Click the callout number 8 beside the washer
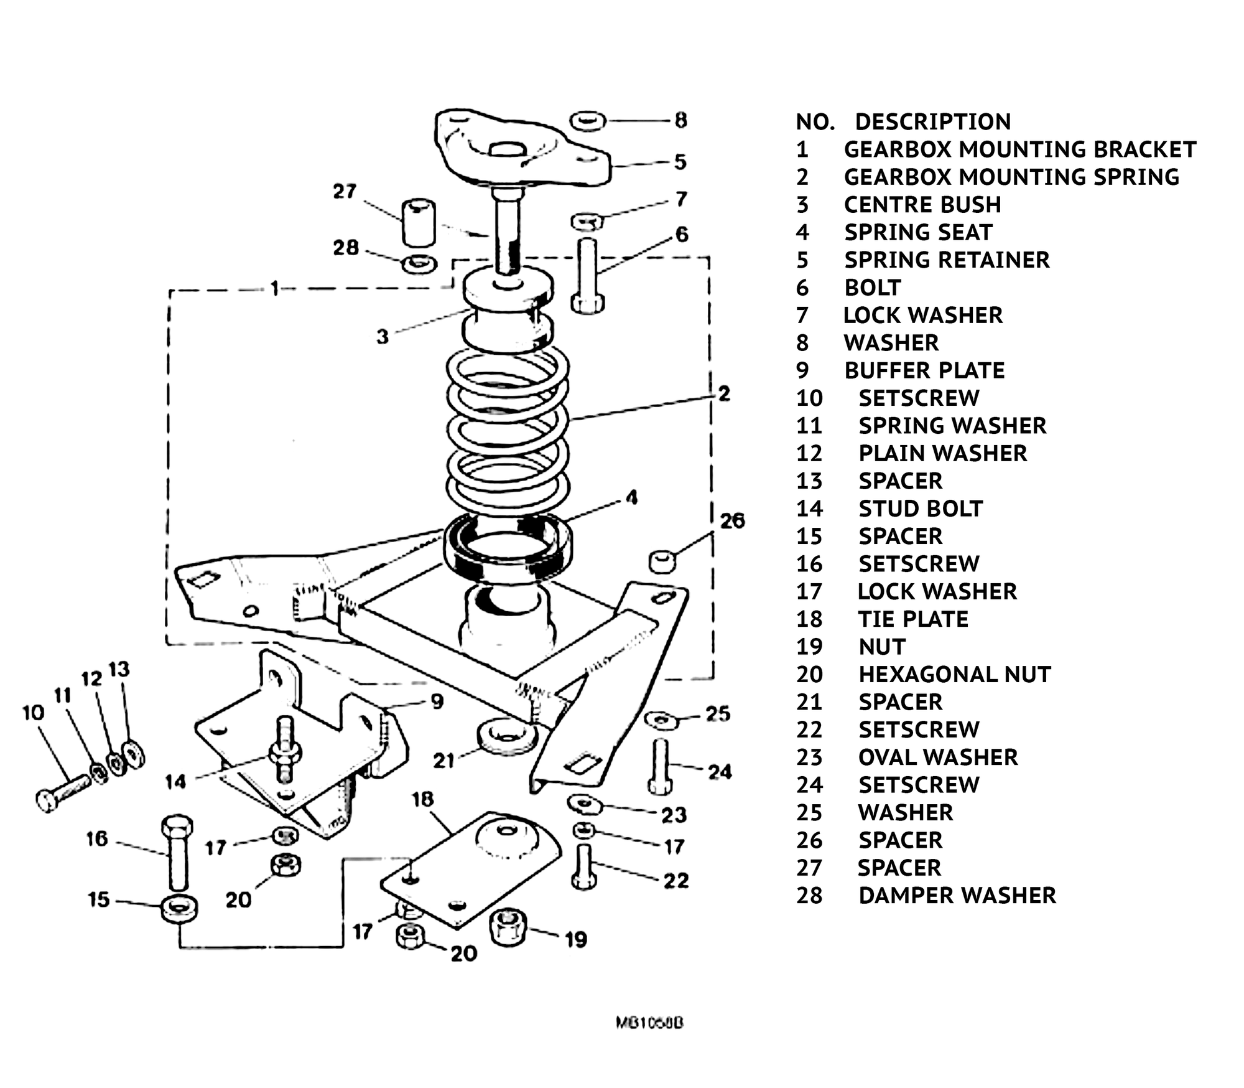click(681, 120)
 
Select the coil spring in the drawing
click(507, 429)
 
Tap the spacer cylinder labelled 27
click(418, 222)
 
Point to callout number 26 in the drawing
click(732, 520)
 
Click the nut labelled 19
click(509, 926)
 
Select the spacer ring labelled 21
click(507, 738)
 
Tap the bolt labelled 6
click(587, 275)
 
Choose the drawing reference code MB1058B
click(649, 1023)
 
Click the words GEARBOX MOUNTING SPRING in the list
click(1011, 177)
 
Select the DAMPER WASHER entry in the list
click(957, 895)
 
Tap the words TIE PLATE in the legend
click(913, 619)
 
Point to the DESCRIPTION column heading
click(933, 121)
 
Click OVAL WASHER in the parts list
click(938, 757)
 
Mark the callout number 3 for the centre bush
click(383, 337)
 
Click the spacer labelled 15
click(180, 907)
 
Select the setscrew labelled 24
click(661, 766)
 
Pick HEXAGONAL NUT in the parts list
click(954, 674)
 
